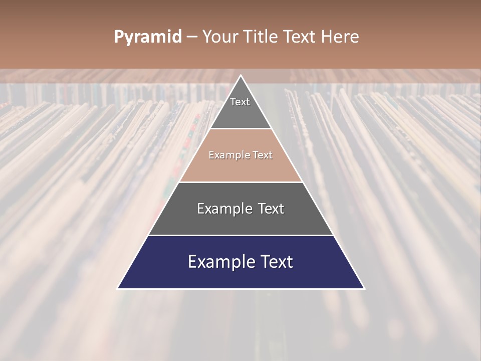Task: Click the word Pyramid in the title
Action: click(x=148, y=37)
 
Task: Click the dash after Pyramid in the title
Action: click(x=192, y=37)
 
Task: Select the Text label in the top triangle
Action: click(x=240, y=102)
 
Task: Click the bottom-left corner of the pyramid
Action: click(x=118, y=288)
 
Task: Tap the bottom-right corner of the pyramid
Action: click(x=364, y=288)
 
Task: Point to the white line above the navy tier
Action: click(x=241, y=235)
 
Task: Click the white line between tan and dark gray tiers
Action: click(x=241, y=182)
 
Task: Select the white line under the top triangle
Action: click(x=241, y=129)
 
